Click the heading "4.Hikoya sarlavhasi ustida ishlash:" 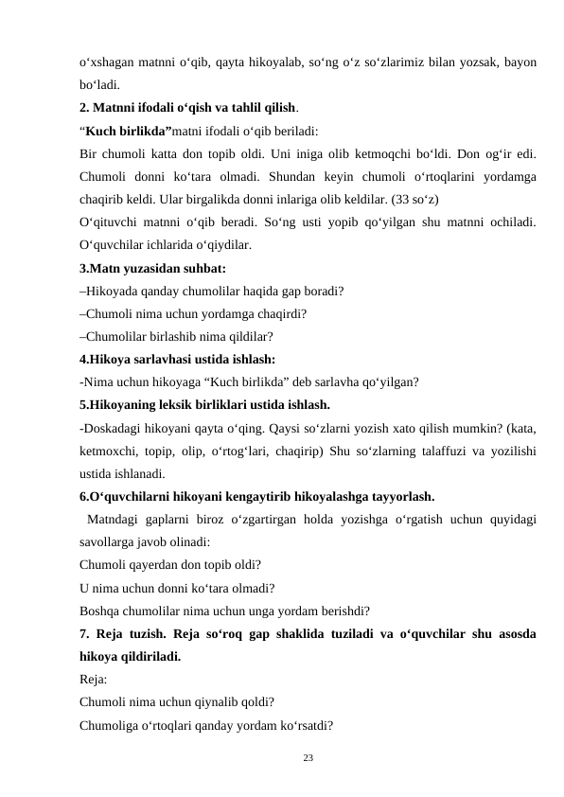178,360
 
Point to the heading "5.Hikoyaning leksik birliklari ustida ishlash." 204,406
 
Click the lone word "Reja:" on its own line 94,679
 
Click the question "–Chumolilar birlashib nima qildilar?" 177,337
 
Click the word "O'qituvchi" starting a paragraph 111,222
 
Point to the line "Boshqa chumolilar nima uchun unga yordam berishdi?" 224,611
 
